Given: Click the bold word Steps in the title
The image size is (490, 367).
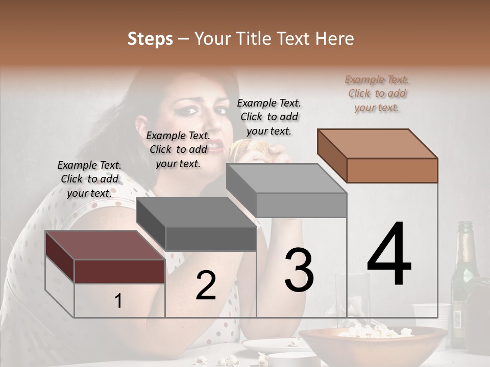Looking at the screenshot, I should coord(150,39).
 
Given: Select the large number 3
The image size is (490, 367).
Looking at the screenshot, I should coord(299,270).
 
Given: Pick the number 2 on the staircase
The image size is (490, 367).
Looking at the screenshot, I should coord(206,285).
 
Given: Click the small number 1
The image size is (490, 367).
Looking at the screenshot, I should coord(118,301).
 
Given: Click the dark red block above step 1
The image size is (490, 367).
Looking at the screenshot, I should coord(105,256).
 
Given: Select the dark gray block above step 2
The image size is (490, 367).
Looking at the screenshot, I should coord(197,224).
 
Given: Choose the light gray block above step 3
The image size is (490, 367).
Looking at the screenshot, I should coord(287,191).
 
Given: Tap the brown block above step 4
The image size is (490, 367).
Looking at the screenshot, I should coord(378,155).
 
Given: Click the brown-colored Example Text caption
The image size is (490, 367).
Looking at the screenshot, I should coord(377,94).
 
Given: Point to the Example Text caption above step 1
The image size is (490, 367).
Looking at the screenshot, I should coord(89,179).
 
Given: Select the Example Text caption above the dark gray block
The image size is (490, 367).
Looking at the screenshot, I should coord(178,149).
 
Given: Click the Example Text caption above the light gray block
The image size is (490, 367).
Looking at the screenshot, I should coord(269,117).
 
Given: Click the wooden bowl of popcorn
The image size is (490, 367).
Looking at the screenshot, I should coord(373,344).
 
